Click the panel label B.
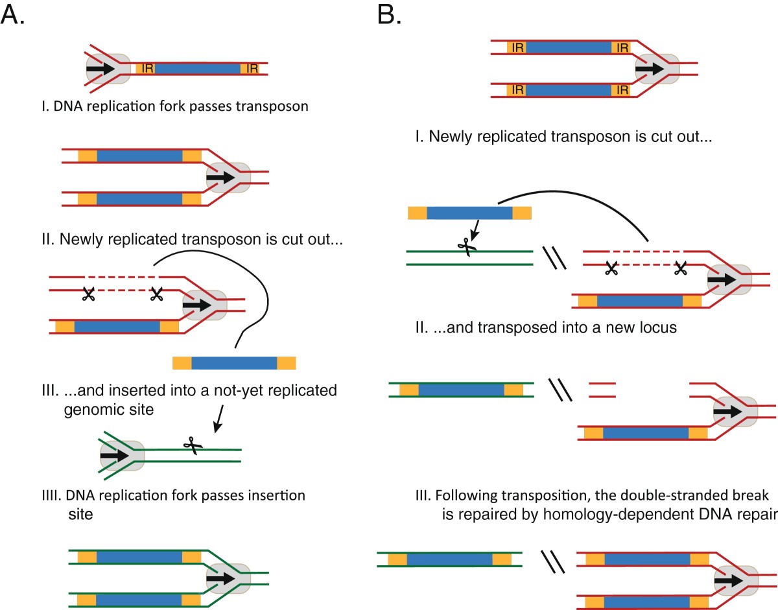(x=390, y=14)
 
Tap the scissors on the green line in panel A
(x=189, y=444)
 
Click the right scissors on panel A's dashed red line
(x=156, y=294)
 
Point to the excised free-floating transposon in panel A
(x=234, y=362)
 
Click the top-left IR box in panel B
(x=517, y=47)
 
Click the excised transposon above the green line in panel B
(x=469, y=213)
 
